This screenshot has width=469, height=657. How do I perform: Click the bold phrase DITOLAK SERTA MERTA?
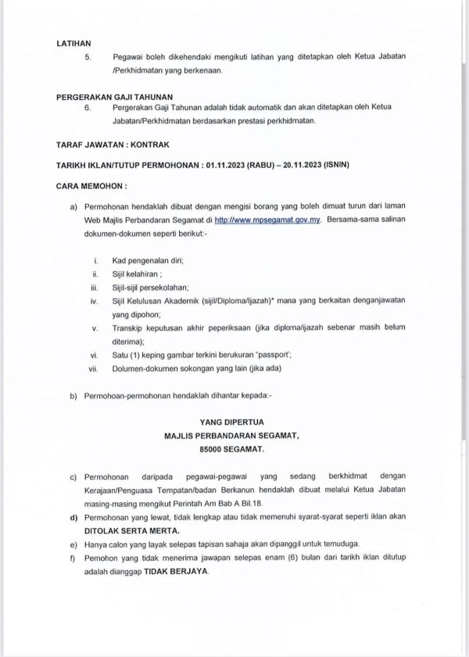click(126, 529)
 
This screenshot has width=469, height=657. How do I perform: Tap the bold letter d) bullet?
click(73, 516)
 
